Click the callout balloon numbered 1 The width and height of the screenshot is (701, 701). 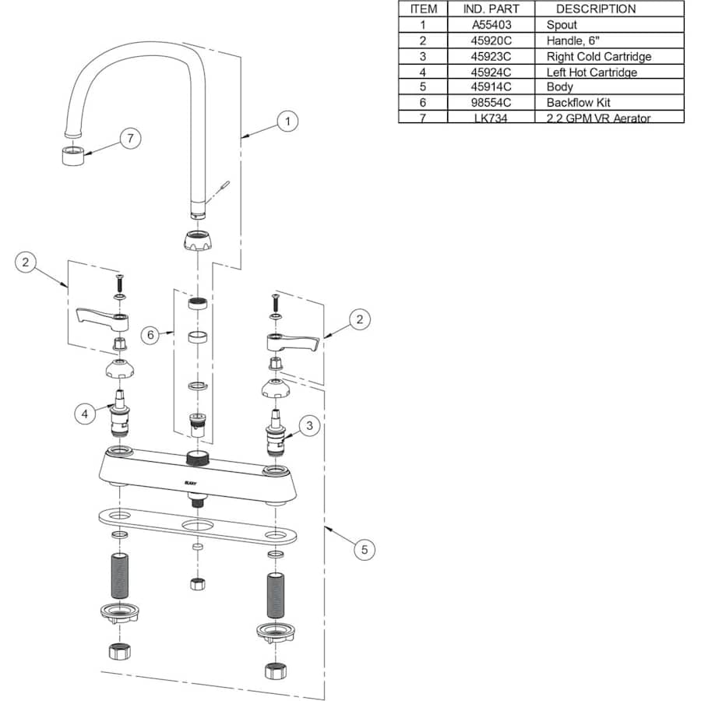tap(288, 122)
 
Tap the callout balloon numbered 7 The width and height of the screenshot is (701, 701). tap(131, 139)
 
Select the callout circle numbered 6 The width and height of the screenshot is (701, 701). tap(152, 335)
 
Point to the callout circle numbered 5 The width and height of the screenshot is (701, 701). tap(363, 549)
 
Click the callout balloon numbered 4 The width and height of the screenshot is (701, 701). tap(86, 414)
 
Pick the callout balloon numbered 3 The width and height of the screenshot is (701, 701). tap(309, 426)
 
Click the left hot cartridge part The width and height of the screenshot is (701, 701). tap(120, 416)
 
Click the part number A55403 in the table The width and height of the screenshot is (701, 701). tap(492, 25)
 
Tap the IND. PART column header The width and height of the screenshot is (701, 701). tap(491, 9)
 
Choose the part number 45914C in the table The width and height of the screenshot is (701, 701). tap(492, 87)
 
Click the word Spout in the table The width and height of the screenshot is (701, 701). tap(562, 25)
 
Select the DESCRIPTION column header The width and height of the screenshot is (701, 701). tap(595, 9)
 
